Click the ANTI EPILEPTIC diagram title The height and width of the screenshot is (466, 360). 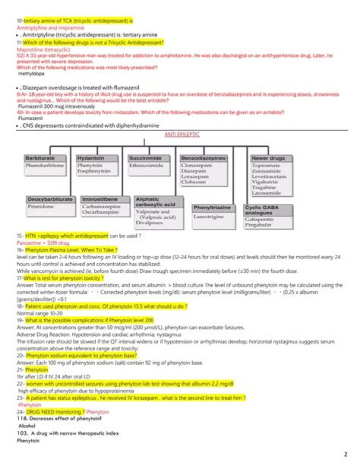[182, 135]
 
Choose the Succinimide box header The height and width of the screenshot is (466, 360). [142, 158]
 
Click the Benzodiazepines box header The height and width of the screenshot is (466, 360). [203, 158]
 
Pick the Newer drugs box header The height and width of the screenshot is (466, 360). [268, 158]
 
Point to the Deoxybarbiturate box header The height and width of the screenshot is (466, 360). [50, 199]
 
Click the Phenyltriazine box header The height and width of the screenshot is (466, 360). [212, 207]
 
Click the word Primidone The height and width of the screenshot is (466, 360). [40, 206]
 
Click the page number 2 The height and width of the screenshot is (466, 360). [345, 454]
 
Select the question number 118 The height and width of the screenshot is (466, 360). [21, 417]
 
